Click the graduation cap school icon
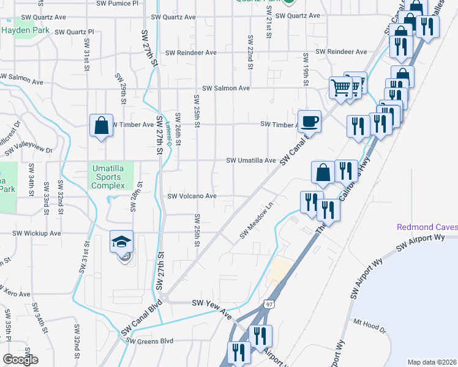[x=122, y=242]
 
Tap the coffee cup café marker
[x=310, y=121]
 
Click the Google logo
[x=20, y=360]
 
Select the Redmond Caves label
[x=427, y=227]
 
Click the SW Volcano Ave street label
[x=192, y=196]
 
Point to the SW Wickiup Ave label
[x=38, y=233]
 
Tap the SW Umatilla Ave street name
[x=251, y=160]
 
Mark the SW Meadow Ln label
[x=255, y=221]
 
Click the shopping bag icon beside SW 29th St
[x=101, y=125]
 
